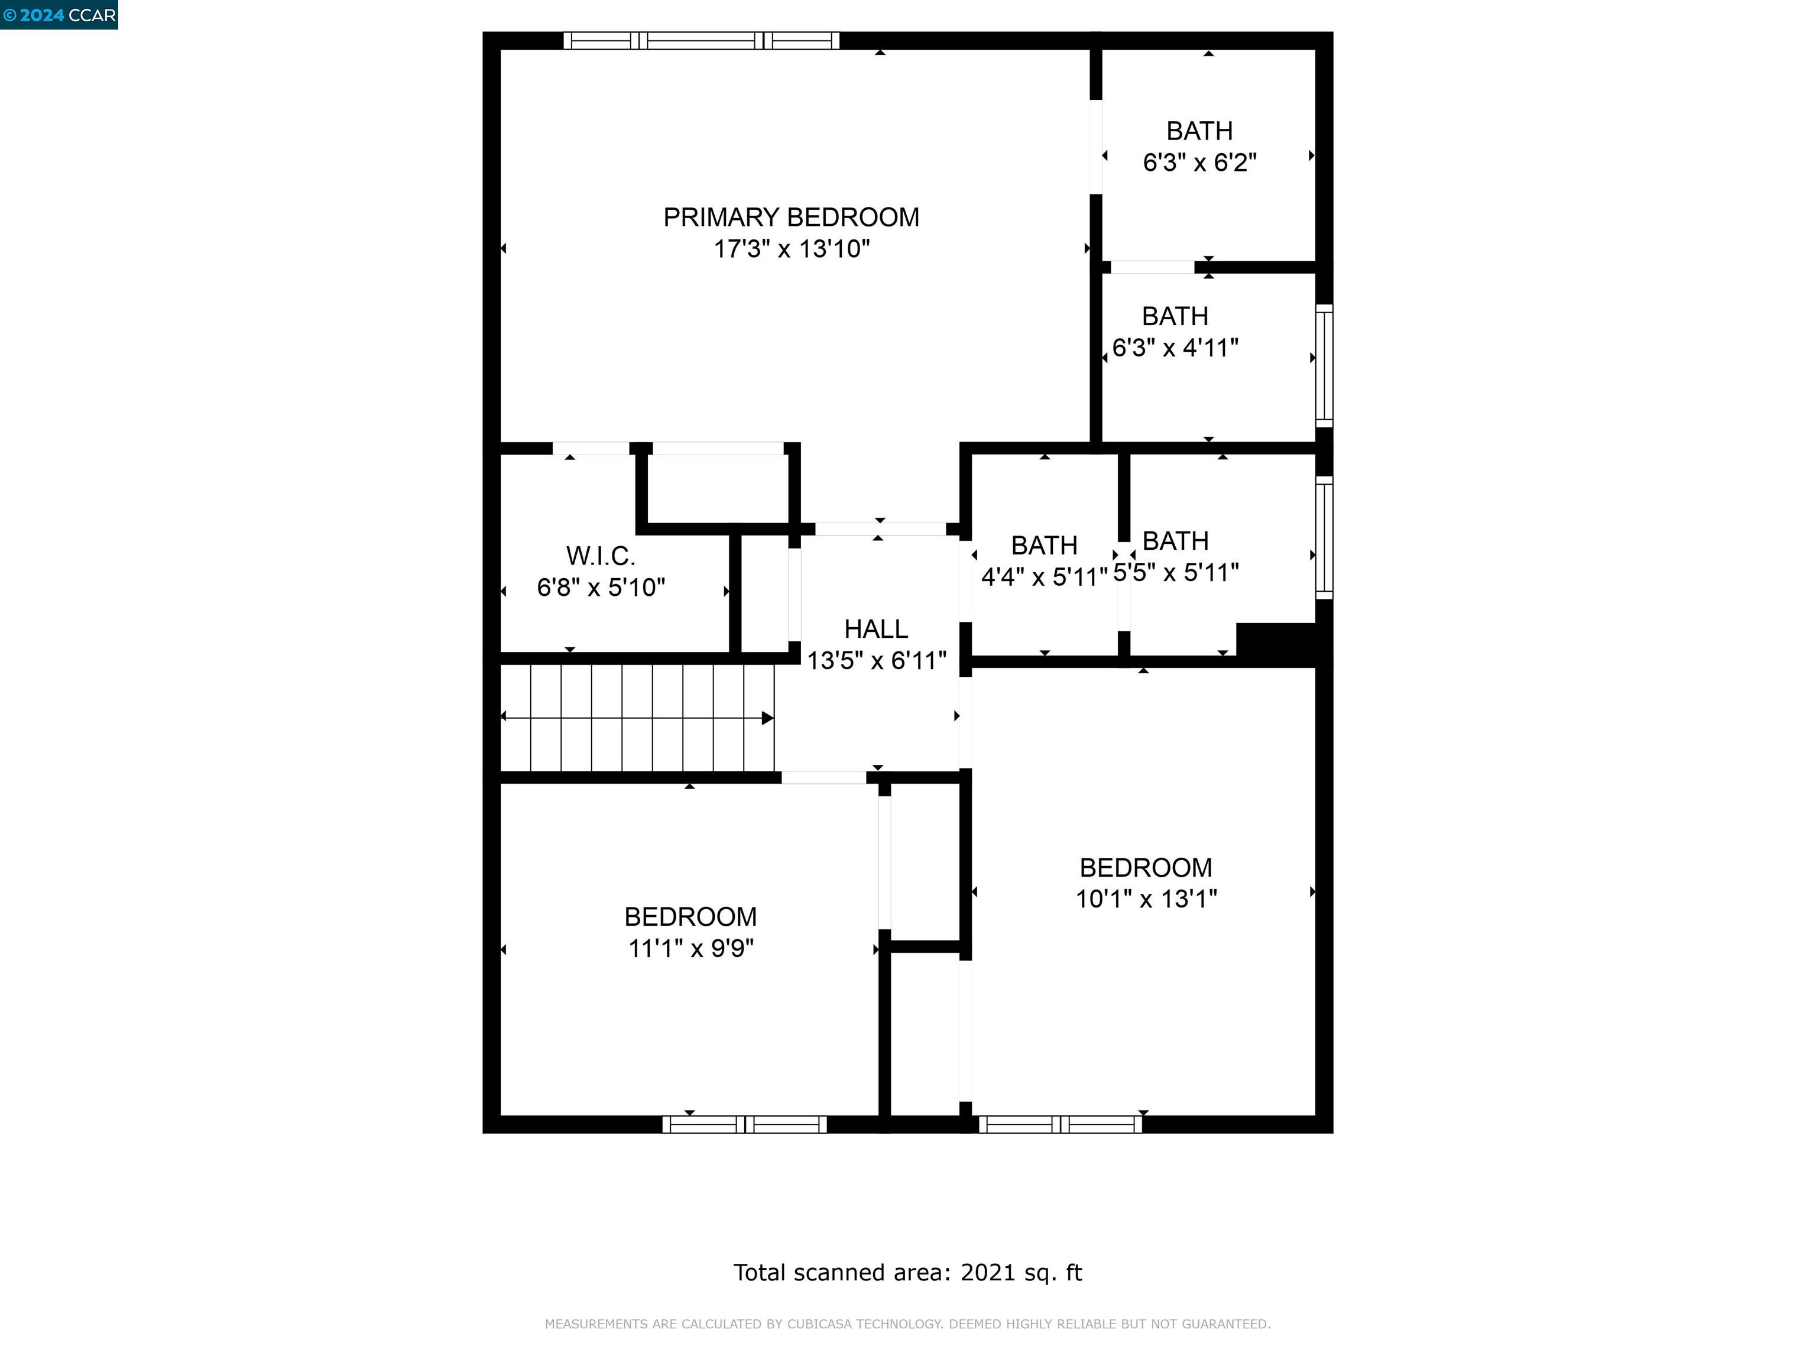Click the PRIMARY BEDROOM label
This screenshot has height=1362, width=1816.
(790, 218)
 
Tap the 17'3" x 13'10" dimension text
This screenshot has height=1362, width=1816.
(790, 249)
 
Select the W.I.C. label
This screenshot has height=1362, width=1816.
(600, 557)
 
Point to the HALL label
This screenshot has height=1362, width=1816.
(876, 629)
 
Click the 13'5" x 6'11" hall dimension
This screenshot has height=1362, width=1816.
(876, 660)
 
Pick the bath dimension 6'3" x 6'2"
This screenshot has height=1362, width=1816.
(1199, 163)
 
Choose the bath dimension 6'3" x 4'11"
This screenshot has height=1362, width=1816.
(1175, 348)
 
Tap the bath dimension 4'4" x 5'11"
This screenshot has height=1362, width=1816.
(1043, 577)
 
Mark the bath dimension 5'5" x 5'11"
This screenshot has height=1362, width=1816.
(1176, 572)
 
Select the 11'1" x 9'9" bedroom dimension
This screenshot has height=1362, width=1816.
(690, 948)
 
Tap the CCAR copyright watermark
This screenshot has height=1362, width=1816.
(59, 15)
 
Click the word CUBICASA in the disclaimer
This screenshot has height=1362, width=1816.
(823, 1324)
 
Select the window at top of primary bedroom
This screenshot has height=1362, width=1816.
(701, 40)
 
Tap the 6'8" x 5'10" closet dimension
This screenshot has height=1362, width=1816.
(600, 588)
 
